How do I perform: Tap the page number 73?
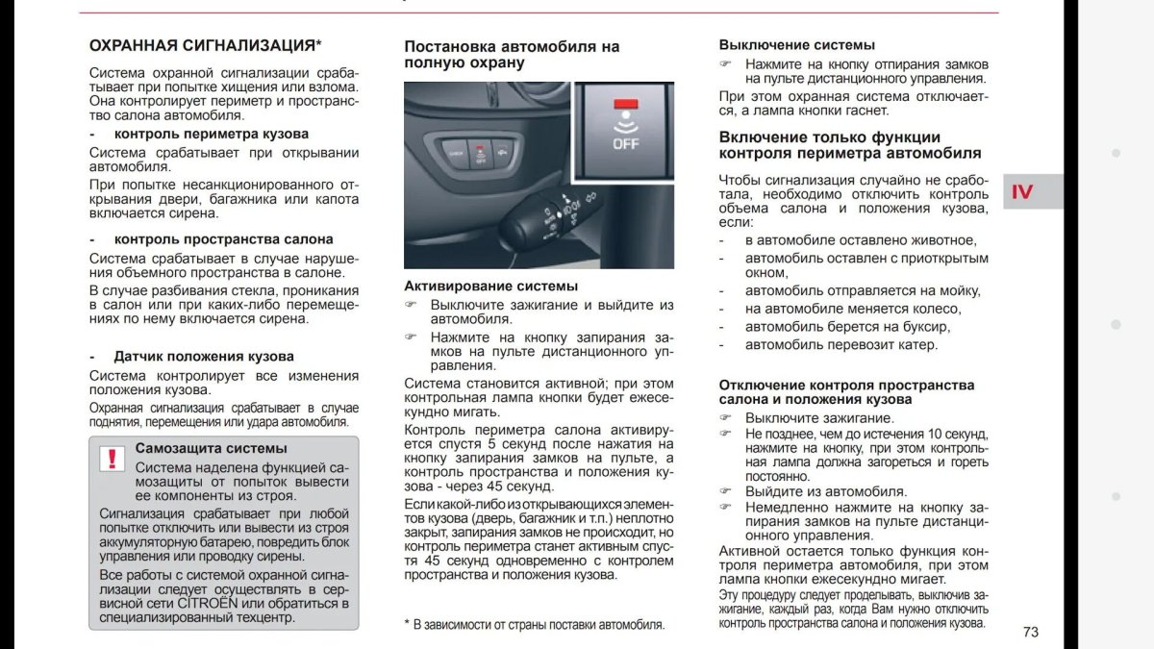pos(1031,632)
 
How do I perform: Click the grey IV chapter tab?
pos(1033,191)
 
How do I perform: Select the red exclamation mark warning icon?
pos(113,459)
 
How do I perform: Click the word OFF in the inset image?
pos(625,144)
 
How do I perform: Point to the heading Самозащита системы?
pos(211,448)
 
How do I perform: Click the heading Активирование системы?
pos(490,286)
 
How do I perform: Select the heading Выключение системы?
pos(796,44)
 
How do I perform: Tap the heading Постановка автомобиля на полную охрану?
pos(512,54)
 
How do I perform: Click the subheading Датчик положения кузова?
pos(190,356)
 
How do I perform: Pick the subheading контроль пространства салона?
pos(223,239)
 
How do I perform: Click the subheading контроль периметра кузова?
pos(212,134)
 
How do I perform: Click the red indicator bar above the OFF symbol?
pos(625,103)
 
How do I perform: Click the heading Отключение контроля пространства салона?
pos(846,391)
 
